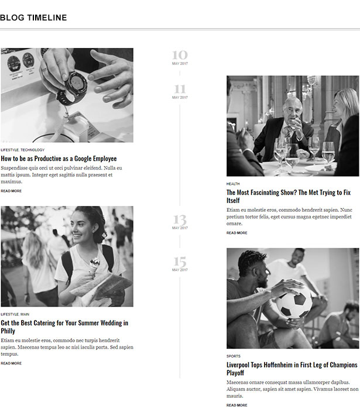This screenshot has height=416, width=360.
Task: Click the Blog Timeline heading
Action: tap(33, 18)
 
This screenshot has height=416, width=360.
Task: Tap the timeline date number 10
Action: tap(180, 55)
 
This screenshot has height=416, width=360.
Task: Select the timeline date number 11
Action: tap(180, 89)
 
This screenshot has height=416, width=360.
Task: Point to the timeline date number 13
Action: tap(180, 220)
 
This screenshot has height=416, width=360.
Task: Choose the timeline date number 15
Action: tap(180, 262)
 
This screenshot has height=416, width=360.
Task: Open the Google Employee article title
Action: tap(59, 159)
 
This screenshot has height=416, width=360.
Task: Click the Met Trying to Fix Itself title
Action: tap(289, 197)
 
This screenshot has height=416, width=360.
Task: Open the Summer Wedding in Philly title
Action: tap(64, 327)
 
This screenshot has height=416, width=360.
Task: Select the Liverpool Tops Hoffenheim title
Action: tap(292, 369)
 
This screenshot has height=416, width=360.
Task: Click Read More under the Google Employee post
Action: tap(11, 191)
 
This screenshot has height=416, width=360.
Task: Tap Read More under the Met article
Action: tap(237, 233)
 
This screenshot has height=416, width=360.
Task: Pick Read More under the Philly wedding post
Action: tap(11, 363)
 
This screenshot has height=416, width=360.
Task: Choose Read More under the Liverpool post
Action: tap(237, 405)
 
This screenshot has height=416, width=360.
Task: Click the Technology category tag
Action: tap(32, 150)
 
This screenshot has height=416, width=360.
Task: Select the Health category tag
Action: tap(233, 184)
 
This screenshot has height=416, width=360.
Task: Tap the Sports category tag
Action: tap(234, 356)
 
